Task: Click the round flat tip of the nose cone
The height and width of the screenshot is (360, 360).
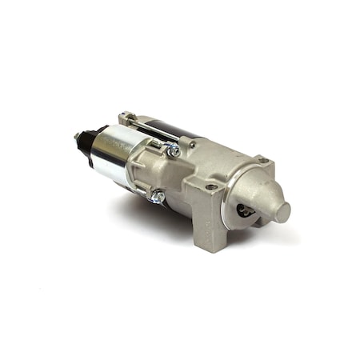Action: click(280, 212)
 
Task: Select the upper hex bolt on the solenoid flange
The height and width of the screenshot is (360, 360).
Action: click(172, 150)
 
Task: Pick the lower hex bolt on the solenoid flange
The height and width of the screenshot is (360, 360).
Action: click(158, 196)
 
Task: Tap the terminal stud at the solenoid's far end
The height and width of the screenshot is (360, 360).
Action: click(78, 137)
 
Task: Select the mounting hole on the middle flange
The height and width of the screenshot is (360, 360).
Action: click(210, 187)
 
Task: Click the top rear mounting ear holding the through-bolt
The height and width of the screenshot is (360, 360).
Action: click(126, 118)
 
